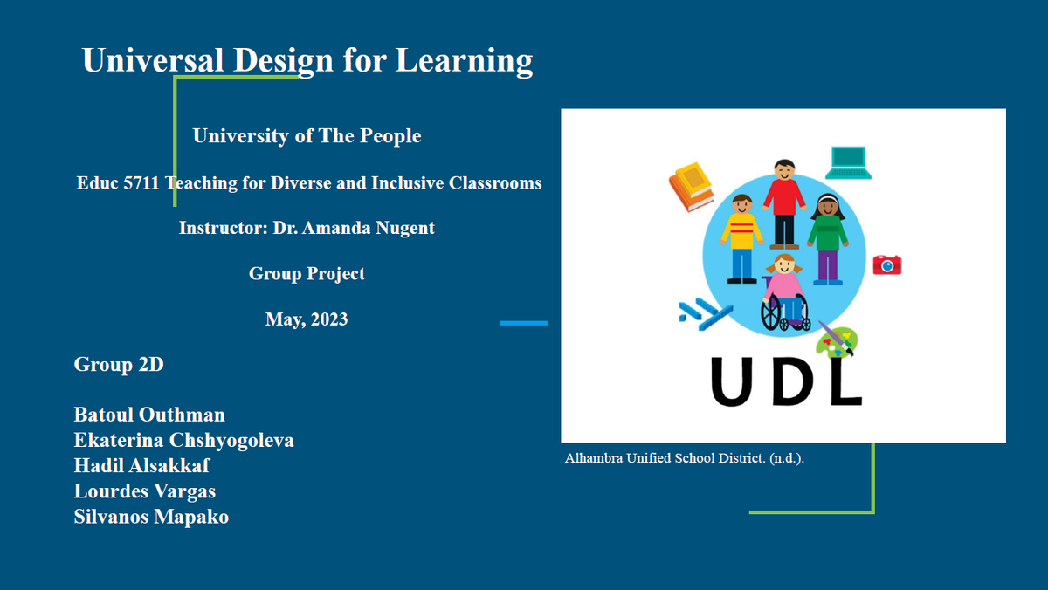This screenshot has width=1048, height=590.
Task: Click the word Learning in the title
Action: pos(464,61)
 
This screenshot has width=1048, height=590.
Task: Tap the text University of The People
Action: pos(307,135)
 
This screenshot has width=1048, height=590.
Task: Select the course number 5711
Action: pos(141,182)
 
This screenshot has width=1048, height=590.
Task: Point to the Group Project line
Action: pos(307,273)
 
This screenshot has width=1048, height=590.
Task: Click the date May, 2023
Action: pos(307,319)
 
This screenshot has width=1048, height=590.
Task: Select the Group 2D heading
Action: pos(119,364)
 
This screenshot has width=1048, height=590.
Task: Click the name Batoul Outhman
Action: pos(149,415)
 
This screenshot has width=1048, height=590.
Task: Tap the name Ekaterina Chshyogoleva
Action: pos(184,441)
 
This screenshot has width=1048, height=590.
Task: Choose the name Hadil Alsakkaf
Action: pos(141,466)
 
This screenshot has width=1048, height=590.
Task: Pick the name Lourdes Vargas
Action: pos(145,491)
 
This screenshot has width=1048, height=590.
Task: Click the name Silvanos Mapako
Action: pos(151,517)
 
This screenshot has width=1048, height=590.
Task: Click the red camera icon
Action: pos(887,264)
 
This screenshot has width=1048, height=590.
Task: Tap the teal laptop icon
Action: pos(848,162)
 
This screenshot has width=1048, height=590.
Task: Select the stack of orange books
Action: pos(692,187)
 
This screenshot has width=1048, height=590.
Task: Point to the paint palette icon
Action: pos(838,340)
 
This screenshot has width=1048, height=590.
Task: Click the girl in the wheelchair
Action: pos(785,292)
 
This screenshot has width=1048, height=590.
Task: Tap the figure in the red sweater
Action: pos(784,204)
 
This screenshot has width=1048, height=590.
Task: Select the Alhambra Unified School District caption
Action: pos(685,458)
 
